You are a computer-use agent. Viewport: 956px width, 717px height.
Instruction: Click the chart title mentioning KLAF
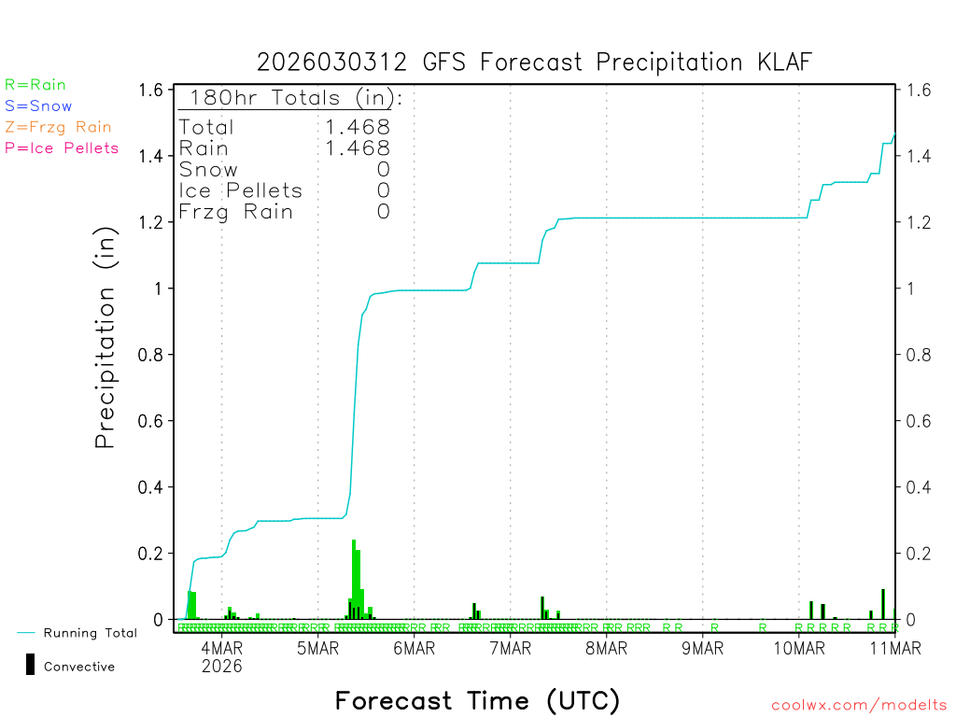click(535, 62)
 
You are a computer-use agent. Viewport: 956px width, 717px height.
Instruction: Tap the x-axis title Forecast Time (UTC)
click(477, 700)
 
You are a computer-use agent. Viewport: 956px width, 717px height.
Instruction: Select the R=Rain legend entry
click(35, 85)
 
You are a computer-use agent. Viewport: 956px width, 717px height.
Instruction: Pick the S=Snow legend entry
click(38, 106)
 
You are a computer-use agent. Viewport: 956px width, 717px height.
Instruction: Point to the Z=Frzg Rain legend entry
click(58, 127)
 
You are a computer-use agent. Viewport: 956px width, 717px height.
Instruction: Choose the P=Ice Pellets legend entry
click(62, 148)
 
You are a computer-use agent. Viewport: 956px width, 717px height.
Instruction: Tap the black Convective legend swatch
click(30, 665)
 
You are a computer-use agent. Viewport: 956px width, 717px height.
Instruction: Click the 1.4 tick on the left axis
click(150, 156)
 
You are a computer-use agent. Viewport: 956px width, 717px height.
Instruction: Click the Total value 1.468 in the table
click(357, 127)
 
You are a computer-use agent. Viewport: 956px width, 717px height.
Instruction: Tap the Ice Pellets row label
click(241, 190)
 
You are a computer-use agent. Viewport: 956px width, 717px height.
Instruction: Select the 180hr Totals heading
click(292, 98)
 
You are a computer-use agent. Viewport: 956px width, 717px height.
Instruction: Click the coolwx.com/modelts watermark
click(859, 706)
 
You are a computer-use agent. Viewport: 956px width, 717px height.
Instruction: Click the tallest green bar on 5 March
click(354, 579)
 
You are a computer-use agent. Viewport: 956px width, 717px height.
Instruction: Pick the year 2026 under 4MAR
click(221, 666)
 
